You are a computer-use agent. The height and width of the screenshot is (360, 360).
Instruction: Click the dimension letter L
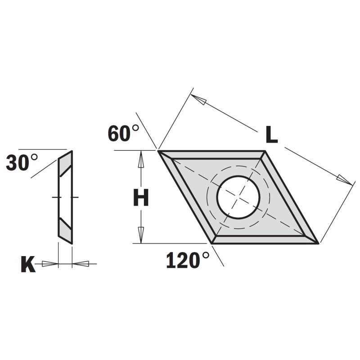[x=271, y=135]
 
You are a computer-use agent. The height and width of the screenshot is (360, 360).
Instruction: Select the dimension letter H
[x=141, y=198]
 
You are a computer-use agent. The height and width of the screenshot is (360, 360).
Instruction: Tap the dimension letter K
[x=28, y=265]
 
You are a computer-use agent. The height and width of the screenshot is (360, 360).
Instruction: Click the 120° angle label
[x=188, y=261]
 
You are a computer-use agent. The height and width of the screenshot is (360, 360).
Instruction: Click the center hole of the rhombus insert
[x=238, y=197]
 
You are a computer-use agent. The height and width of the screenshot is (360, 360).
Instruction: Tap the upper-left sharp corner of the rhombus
[x=158, y=151]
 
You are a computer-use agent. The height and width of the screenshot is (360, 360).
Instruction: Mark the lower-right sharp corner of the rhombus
[x=319, y=243]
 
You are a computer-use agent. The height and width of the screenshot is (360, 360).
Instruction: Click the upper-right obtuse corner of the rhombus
[x=265, y=151]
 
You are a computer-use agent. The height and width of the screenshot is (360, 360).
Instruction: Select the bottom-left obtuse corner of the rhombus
[x=212, y=243]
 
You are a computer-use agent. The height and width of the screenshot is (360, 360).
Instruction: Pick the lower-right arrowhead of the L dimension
[x=345, y=180]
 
